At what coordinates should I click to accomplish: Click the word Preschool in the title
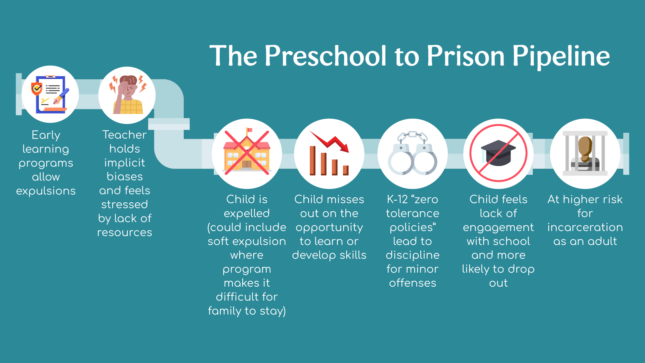coord(326,56)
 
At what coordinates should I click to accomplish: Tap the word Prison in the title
coord(466,56)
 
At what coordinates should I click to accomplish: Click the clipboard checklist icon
coord(50,94)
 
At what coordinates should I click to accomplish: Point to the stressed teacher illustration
coord(128,95)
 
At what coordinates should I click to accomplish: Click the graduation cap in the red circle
coord(499,153)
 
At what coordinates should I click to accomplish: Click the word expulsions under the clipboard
coord(46,191)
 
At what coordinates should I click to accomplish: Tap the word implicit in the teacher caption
coord(125,163)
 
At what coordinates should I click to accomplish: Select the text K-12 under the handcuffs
coord(397,199)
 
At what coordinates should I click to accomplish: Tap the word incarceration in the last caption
coord(585,228)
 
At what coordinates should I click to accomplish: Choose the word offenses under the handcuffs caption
coord(413,283)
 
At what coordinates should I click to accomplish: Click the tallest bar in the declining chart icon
coord(313,161)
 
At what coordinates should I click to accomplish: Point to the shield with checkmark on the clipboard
coord(37,89)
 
